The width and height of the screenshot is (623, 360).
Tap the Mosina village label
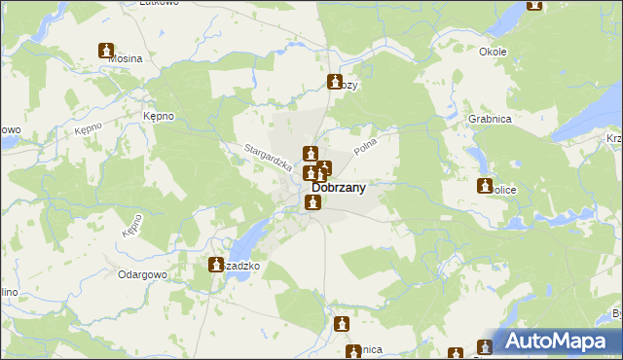125,58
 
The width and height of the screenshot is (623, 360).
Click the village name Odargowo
144,274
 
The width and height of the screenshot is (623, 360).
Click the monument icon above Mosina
106,51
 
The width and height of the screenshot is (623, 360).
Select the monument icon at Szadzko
216,264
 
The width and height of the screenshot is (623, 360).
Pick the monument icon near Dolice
485,186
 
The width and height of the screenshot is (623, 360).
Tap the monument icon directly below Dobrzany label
313,202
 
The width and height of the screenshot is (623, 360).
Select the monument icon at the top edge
534,4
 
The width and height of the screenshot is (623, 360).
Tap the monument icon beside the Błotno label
336,83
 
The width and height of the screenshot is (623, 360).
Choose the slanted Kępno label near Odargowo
133,228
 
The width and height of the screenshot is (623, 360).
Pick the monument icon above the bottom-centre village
342,324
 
